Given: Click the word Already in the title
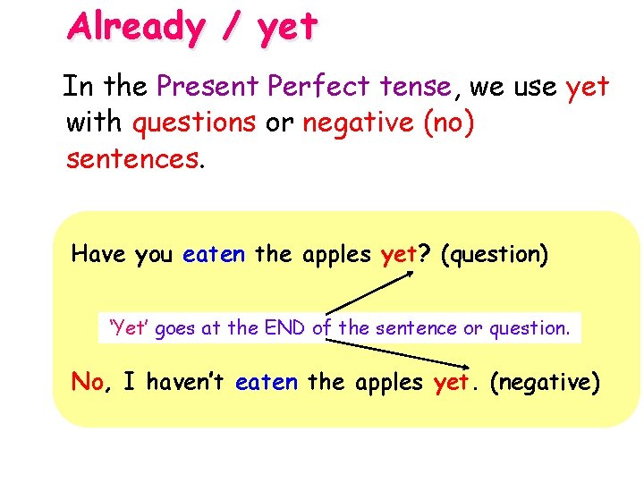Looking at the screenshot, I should click(x=135, y=27).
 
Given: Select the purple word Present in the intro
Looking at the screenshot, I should click(x=202, y=87).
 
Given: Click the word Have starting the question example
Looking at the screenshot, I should click(x=99, y=254).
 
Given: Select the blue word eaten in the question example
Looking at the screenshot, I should click(x=213, y=254).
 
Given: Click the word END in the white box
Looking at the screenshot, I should click(x=285, y=328).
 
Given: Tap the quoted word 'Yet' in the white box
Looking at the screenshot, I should click(x=129, y=328).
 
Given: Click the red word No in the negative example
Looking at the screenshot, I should click(x=88, y=383).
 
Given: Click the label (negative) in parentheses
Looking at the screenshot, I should click(x=546, y=383).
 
